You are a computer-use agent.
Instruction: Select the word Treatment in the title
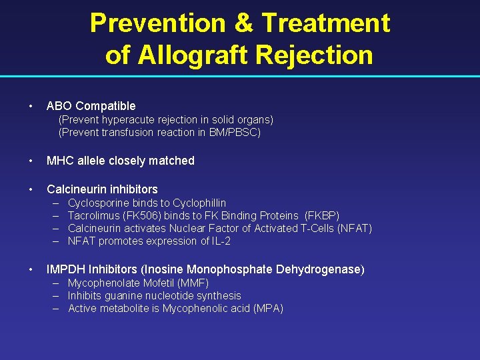325,23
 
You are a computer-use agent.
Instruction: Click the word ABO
59,106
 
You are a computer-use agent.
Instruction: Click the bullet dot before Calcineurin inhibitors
31,189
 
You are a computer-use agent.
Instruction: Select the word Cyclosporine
99,203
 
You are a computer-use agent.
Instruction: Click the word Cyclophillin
199,203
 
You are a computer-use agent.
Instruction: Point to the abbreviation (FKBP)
322,215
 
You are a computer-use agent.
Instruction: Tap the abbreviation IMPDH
66,270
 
